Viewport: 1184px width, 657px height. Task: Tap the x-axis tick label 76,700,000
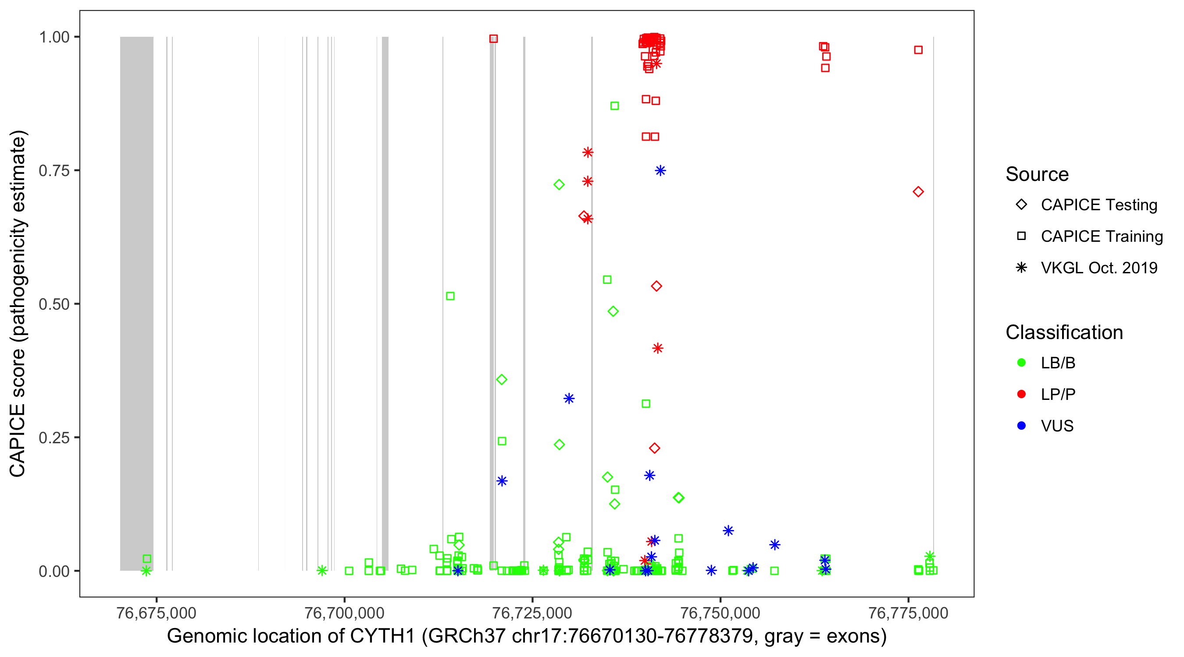(344, 613)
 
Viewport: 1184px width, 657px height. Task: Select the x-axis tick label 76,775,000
(908, 613)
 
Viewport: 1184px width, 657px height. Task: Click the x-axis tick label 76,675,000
(156, 613)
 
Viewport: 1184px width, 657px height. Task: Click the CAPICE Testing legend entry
(1098, 205)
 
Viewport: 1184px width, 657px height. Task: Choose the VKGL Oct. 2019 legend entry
(1098, 268)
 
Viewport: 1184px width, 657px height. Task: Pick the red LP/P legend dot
(1021, 394)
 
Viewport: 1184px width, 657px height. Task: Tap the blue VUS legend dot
(1021, 426)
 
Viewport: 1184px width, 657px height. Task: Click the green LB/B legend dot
(1021, 363)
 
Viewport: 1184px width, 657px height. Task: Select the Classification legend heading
(1064, 332)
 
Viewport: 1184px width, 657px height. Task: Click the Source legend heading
(1037, 174)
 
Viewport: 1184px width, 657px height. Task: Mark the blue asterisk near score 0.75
(660, 171)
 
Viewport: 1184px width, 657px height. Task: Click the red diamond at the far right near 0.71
(918, 192)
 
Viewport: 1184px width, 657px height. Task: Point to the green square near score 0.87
(614, 106)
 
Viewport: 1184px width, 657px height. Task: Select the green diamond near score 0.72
(559, 184)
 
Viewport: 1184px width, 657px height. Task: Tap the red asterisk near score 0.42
(658, 349)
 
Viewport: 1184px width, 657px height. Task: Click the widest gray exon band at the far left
(136, 303)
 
